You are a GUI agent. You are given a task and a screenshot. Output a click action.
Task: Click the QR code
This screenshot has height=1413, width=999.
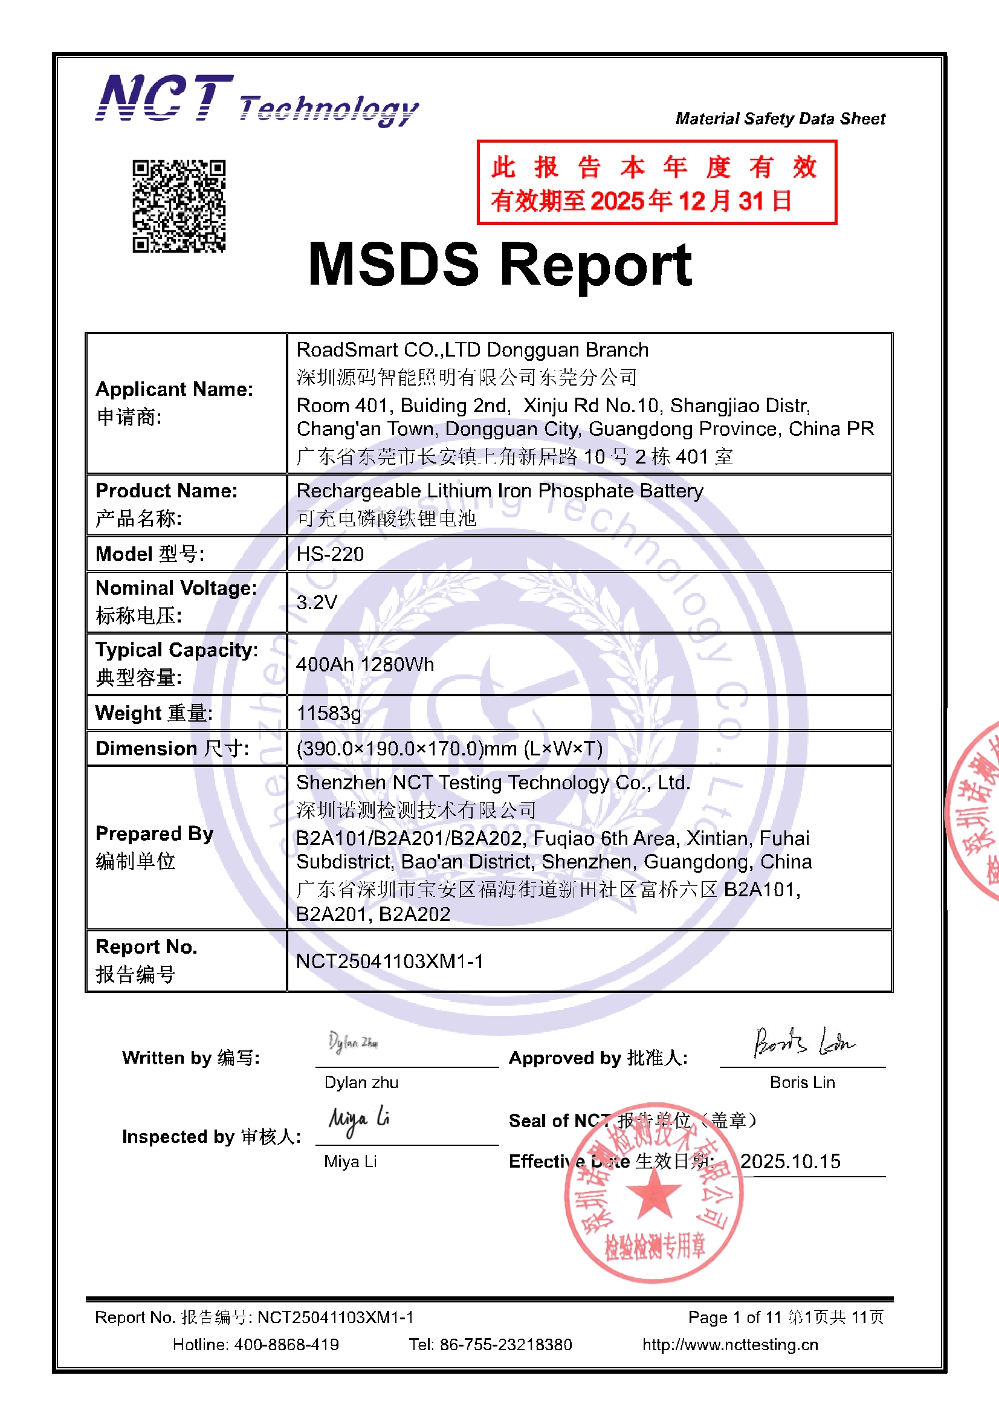tap(179, 206)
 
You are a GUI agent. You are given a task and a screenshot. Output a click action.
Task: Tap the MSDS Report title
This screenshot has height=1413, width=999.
tap(500, 265)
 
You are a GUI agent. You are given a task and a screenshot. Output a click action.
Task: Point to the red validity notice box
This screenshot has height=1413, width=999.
tap(656, 183)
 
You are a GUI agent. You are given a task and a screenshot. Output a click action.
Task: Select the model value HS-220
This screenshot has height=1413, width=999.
tap(330, 554)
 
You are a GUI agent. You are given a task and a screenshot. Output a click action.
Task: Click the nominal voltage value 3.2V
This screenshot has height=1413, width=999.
tap(317, 602)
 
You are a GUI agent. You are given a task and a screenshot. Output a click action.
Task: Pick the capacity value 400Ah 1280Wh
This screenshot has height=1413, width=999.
tap(365, 664)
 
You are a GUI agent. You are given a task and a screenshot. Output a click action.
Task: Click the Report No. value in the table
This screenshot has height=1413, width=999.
tap(390, 961)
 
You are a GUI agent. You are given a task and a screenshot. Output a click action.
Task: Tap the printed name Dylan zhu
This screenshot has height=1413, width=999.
tap(361, 1082)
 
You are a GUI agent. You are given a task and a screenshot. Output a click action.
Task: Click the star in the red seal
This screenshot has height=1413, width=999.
tap(653, 1192)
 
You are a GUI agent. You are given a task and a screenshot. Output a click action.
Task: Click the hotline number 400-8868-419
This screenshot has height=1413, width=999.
tap(286, 1344)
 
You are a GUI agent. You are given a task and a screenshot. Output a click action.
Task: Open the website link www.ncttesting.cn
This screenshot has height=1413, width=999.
tap(730, 1344)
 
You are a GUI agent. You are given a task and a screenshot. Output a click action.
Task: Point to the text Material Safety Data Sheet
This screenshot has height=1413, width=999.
tap(780, 118)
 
